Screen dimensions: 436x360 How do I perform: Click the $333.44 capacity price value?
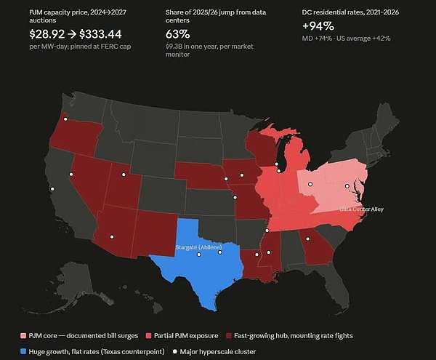(100, 34)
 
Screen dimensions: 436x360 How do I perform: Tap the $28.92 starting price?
(47, 34)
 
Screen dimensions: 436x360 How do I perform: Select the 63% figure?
(178, 34)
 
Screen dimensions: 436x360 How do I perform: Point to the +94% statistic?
(318, 26)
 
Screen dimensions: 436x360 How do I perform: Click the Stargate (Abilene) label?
(199, 247)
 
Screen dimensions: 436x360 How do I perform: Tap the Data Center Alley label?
(361, 209)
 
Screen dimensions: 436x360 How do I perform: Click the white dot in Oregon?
(65, 119)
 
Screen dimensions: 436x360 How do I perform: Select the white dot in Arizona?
(112, 237)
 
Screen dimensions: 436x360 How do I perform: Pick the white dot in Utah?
(124, 175)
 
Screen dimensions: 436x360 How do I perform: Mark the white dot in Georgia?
(307, 239)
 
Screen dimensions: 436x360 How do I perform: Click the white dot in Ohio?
(310, 184)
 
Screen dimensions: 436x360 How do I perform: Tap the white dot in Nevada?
(71, 175)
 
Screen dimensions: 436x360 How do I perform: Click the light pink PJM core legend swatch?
(23, 336)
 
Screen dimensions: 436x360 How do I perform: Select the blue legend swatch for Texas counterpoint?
(23, 352)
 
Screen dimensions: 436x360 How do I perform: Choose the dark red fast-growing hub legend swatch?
(229, 336)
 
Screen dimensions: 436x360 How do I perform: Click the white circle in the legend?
(174, 352)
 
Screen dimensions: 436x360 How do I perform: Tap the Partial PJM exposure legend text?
(186, 336)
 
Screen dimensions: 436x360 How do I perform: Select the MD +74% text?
(317, 39)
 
